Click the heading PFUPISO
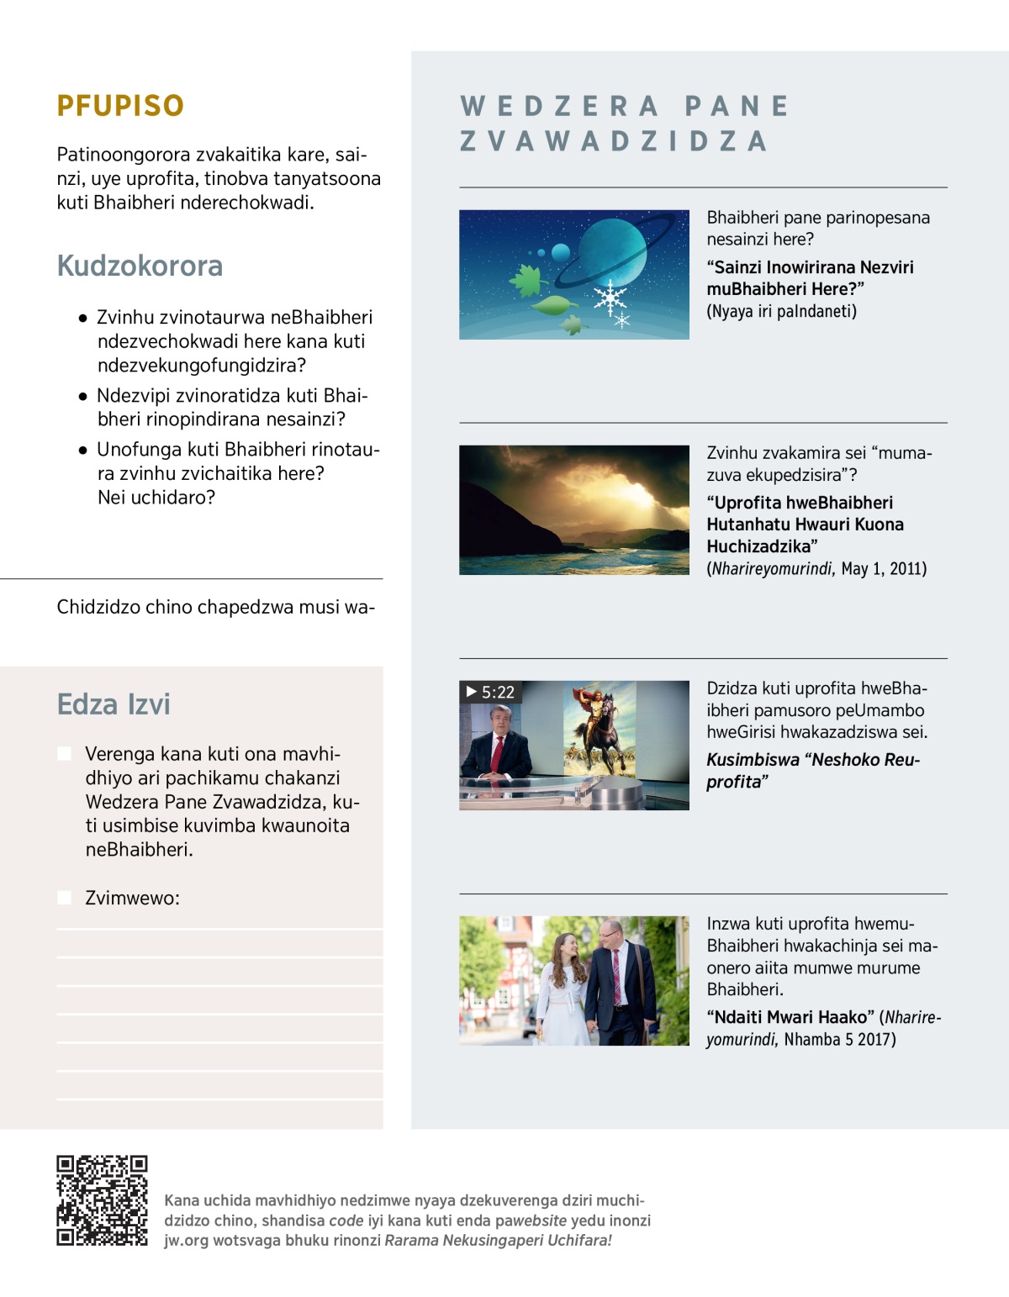click(x=120, y=106)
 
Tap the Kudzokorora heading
click(x=140, y=266)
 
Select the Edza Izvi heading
click(x=114, y=704)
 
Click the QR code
click(x=102, y=1200)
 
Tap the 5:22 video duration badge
click(x=490, y=692)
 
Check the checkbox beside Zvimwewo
click(x=64, y=898)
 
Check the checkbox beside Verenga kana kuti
click(x=64, y=753)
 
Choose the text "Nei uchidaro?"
click(x=156, y=498)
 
